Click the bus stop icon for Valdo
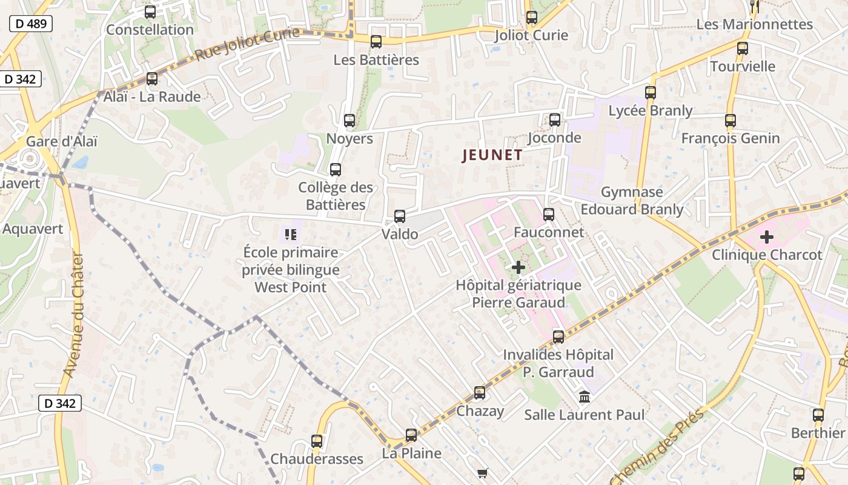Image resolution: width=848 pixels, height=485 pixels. [x=400, y=216]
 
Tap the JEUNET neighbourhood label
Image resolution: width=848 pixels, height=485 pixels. [x=492, y=155]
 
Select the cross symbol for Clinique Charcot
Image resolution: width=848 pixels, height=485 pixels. [x=766, y=236]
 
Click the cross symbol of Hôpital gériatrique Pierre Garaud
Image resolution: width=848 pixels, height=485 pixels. [x=518, y=267]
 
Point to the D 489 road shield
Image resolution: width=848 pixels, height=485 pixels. [x=31, y=24]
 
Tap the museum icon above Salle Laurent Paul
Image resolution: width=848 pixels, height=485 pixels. [x=585, y=397]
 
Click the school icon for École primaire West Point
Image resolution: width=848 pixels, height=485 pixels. [x=291, y=233]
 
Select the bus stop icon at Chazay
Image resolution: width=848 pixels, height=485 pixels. [x=480, y=393]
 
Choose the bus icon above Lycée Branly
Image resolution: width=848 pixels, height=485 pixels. [x=651, y=93]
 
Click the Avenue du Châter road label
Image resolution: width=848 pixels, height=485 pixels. [x=75, y=315]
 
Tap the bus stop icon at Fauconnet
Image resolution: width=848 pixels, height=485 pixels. [x=549, y=214]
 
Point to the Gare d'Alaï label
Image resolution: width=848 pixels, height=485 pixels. [x=61, y=141]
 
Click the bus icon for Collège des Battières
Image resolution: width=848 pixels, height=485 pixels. [x=336, y=170]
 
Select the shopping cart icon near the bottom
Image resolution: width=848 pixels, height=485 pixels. [x=482, y=473]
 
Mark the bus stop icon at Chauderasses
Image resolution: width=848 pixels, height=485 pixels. [x=317, y=441]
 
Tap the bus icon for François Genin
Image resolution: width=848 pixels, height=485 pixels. [x=730, y=121]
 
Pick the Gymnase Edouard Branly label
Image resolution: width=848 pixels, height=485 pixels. [x=632, y=201]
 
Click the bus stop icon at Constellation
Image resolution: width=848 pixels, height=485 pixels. [x=150, y=12]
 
